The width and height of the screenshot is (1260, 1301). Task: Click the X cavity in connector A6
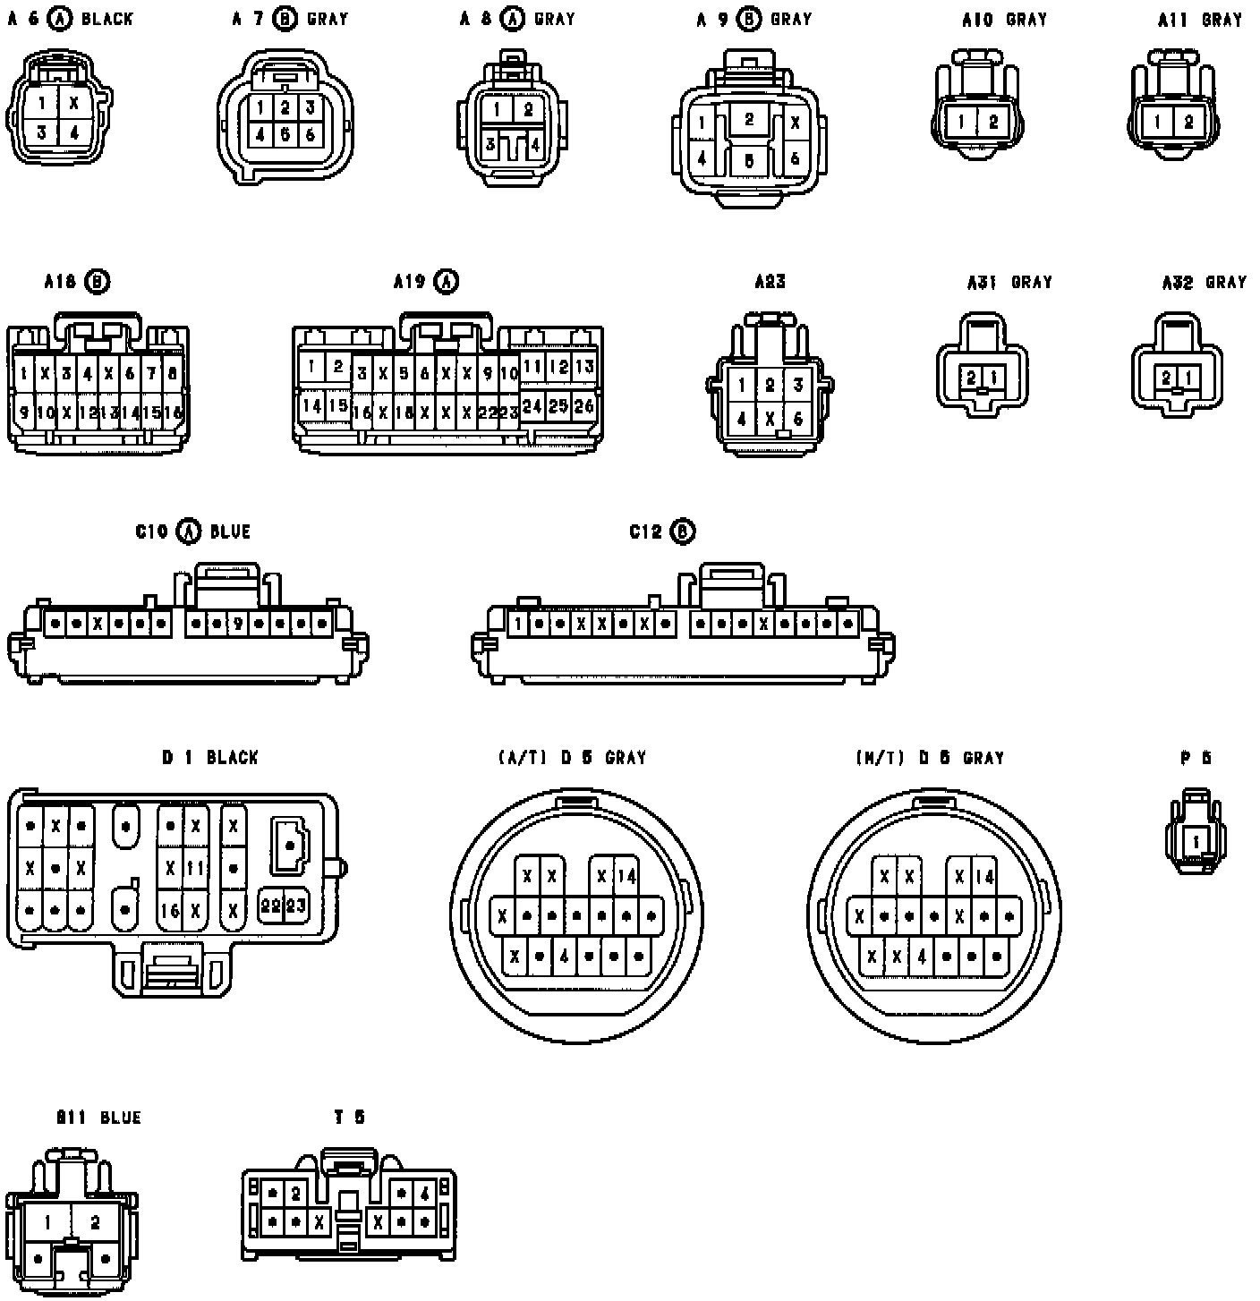(x=74, y=103)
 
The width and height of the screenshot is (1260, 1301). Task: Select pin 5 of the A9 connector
(x=749, y=162)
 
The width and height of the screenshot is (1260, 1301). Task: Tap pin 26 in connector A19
(x=583, y=405)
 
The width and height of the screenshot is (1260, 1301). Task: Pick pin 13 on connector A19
(x=583, y=366)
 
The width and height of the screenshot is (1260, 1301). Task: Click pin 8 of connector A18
(x=172, y=372)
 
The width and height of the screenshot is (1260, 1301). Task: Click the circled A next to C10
(x=189, y=531)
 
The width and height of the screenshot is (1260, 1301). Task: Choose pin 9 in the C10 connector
(x=238, y=623)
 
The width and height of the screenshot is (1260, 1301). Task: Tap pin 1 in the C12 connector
(x=517, y=623)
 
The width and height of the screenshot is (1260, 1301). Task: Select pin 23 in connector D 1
(x=296, y=906)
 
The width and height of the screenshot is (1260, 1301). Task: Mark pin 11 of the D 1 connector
(x=195, y=867)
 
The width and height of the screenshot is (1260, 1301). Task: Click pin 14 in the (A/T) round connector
(x=626, y=876)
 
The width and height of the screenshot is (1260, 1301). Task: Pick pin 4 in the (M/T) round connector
(x=922, y=957)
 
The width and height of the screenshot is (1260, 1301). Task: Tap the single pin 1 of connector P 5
(x=1196, y=841)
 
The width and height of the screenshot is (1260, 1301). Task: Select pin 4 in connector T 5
(x=423, y=1194)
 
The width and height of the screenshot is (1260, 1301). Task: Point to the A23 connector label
(x=770, y=282)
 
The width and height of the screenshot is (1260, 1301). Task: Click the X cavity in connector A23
(x=770, y=417)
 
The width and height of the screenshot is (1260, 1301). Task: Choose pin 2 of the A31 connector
(x=972, y=378)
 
